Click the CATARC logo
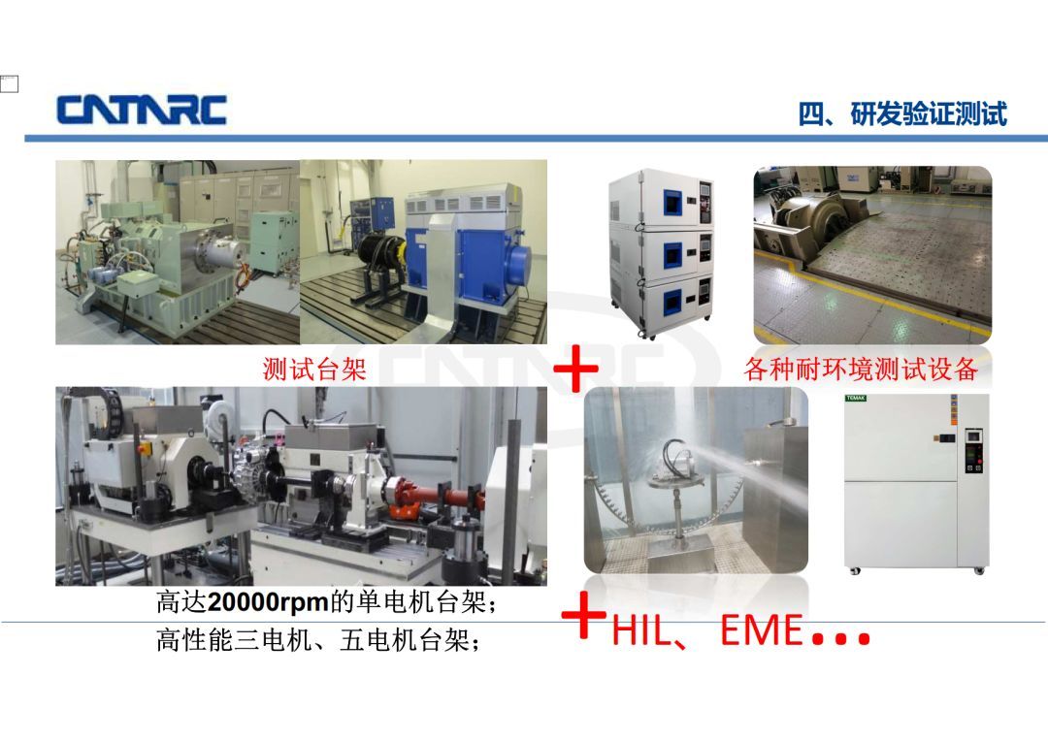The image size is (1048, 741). tap(142, 111)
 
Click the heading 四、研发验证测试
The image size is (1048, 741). tap(902, 113)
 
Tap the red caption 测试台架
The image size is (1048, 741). tap(314, 369)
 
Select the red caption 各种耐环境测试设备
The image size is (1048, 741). tap(861, 369)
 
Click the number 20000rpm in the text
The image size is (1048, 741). tap(268, 602)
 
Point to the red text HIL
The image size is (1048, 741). tap(641, 630)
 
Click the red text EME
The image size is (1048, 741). tap(762, 630)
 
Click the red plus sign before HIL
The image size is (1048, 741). tap(583, 615)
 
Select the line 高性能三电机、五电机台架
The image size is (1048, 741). tap(318, 640)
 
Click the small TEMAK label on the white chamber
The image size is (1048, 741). tap(856, 399)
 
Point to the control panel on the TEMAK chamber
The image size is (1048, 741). tap(973, 452)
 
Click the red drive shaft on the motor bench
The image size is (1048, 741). tap(443, 499)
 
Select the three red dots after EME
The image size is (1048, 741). tap(840, 637)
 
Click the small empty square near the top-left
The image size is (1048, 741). tap(10, 84)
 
